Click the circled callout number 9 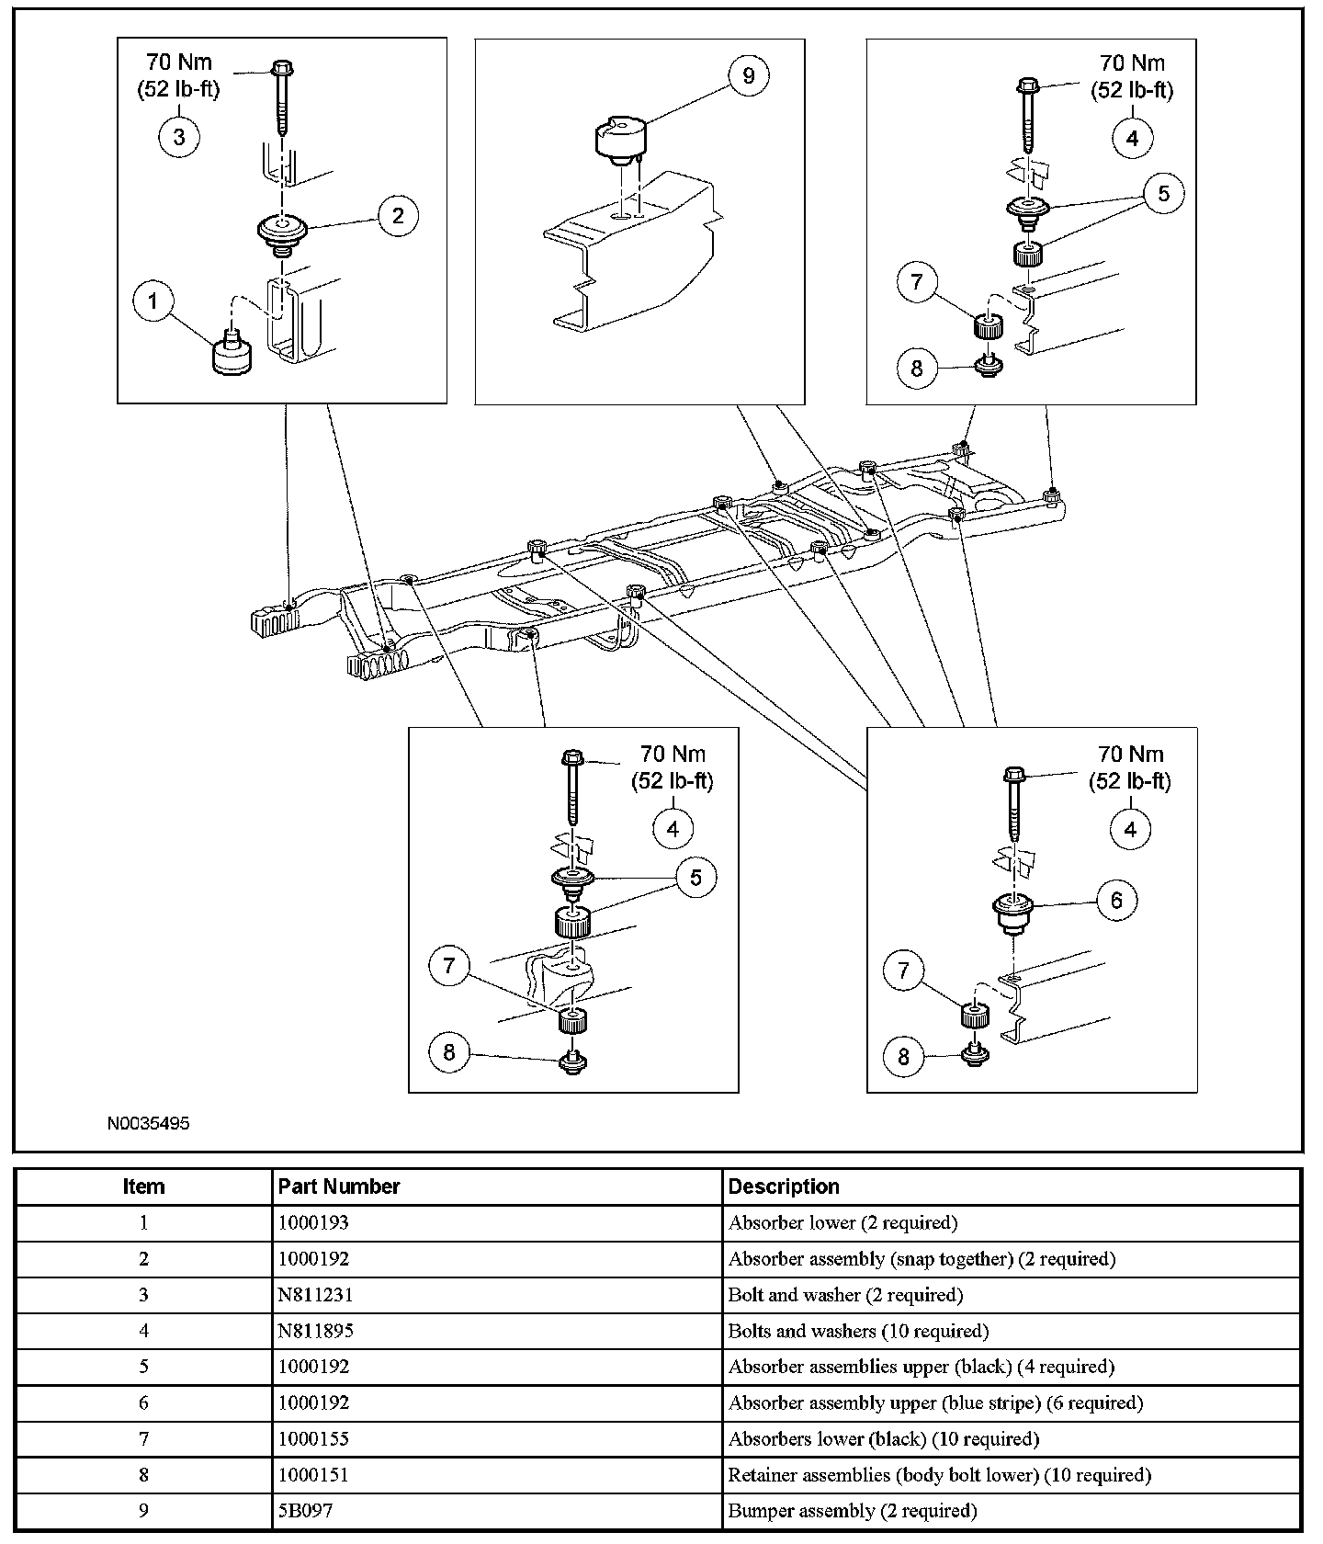click(748, 75)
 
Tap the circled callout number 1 click(153, 301)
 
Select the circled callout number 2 click(398, 216)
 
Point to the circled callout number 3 click(179, 137)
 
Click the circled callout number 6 click(1116, 901)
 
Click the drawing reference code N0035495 click(148, 1123)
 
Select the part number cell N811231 click(315, 1295)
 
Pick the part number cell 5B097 click(305, 1511)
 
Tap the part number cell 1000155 click(313, 1438)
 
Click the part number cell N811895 click(315, 1331)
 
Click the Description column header click(784, 1186)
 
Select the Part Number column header click(338, 1186)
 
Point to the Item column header click(143, 1186)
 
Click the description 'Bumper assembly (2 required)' click(852, 1511)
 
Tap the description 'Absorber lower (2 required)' click(842, 1223)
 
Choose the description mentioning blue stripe click(935, 1402)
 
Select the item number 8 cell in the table click(143, 1475)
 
